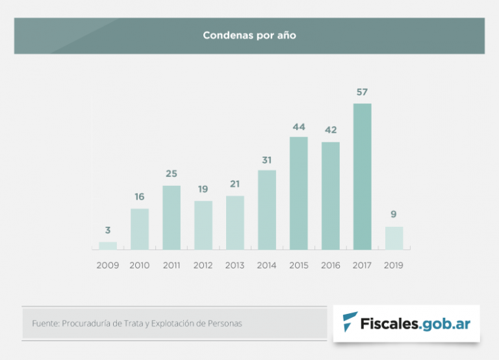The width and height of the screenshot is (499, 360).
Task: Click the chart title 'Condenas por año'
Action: (x=249, y=36)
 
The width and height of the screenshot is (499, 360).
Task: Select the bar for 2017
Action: (x=363, y=177)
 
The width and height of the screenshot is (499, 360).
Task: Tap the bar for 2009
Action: (x=108, y=246)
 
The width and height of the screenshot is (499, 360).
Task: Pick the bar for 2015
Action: (x=299, y=193)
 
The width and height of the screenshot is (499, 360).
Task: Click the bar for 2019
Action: (x=394, y=238)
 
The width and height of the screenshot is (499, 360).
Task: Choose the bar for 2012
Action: (x=203, y=225)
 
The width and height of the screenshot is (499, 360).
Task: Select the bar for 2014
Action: (x=267, y=210)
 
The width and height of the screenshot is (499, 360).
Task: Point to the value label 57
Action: (x=363, y=92)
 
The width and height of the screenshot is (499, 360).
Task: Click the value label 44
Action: (x=299, y=127)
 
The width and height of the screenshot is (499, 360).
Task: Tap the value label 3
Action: (x=108, y=230)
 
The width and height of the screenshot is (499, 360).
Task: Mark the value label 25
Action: (x=172, y=174)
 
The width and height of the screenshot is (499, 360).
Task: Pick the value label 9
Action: (x=394, y=214)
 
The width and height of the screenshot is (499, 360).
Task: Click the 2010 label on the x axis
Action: (x=140, y=265)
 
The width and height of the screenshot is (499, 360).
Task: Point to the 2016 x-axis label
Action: (x=331, y=265)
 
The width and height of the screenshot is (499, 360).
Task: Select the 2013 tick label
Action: (x=235, y=265)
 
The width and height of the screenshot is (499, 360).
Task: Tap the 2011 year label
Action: (x=172, y=265)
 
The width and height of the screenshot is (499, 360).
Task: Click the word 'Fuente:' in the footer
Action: (x=45, y=323)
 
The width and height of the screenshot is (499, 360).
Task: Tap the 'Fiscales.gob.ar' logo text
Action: (x=416, y=323)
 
